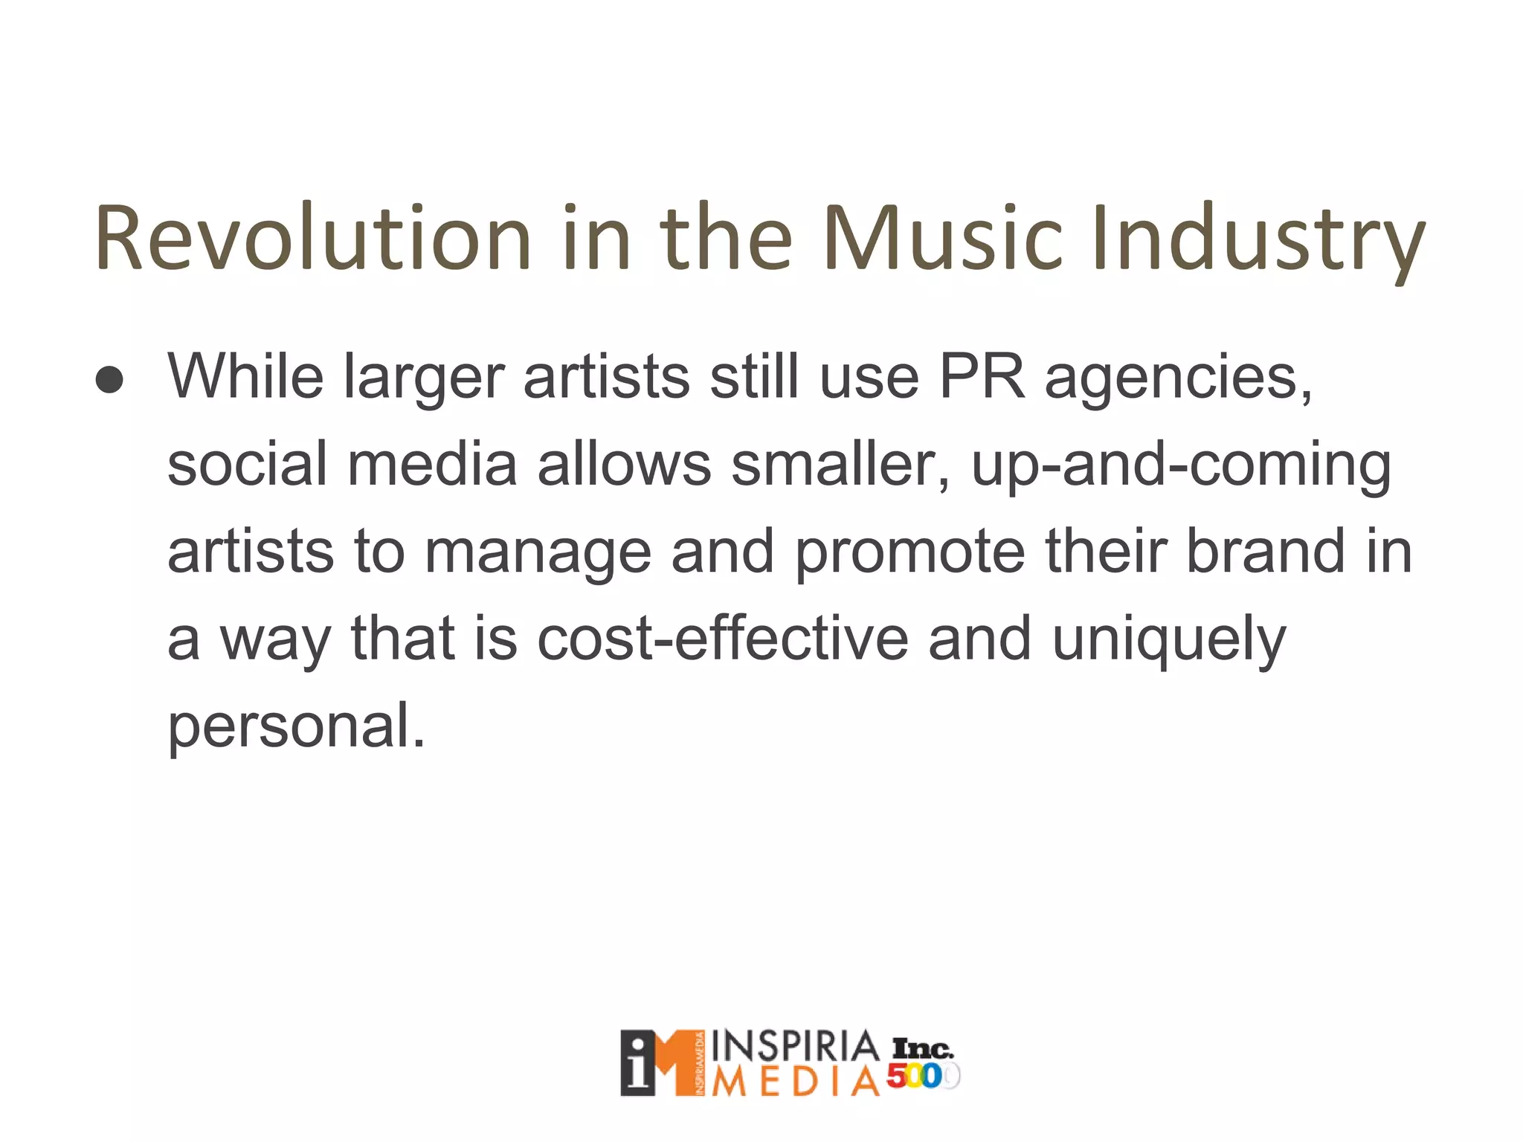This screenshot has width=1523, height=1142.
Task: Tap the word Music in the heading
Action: point(944,238)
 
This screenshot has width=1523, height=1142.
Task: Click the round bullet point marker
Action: point(110,380)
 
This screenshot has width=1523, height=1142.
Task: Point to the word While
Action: point(245,376)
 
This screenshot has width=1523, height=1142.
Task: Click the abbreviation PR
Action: point(982,376)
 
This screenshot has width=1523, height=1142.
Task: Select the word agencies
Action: point(1179,379)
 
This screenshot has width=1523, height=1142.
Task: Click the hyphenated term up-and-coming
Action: point(1181,467)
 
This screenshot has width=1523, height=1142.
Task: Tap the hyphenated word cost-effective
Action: point(722,639)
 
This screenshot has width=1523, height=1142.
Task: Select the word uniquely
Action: point(1168,642)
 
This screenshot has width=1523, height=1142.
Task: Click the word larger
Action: point(424,379)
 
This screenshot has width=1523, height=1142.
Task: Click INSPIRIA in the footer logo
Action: point(795,1048)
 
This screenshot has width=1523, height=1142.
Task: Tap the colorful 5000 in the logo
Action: point(923,1077)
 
